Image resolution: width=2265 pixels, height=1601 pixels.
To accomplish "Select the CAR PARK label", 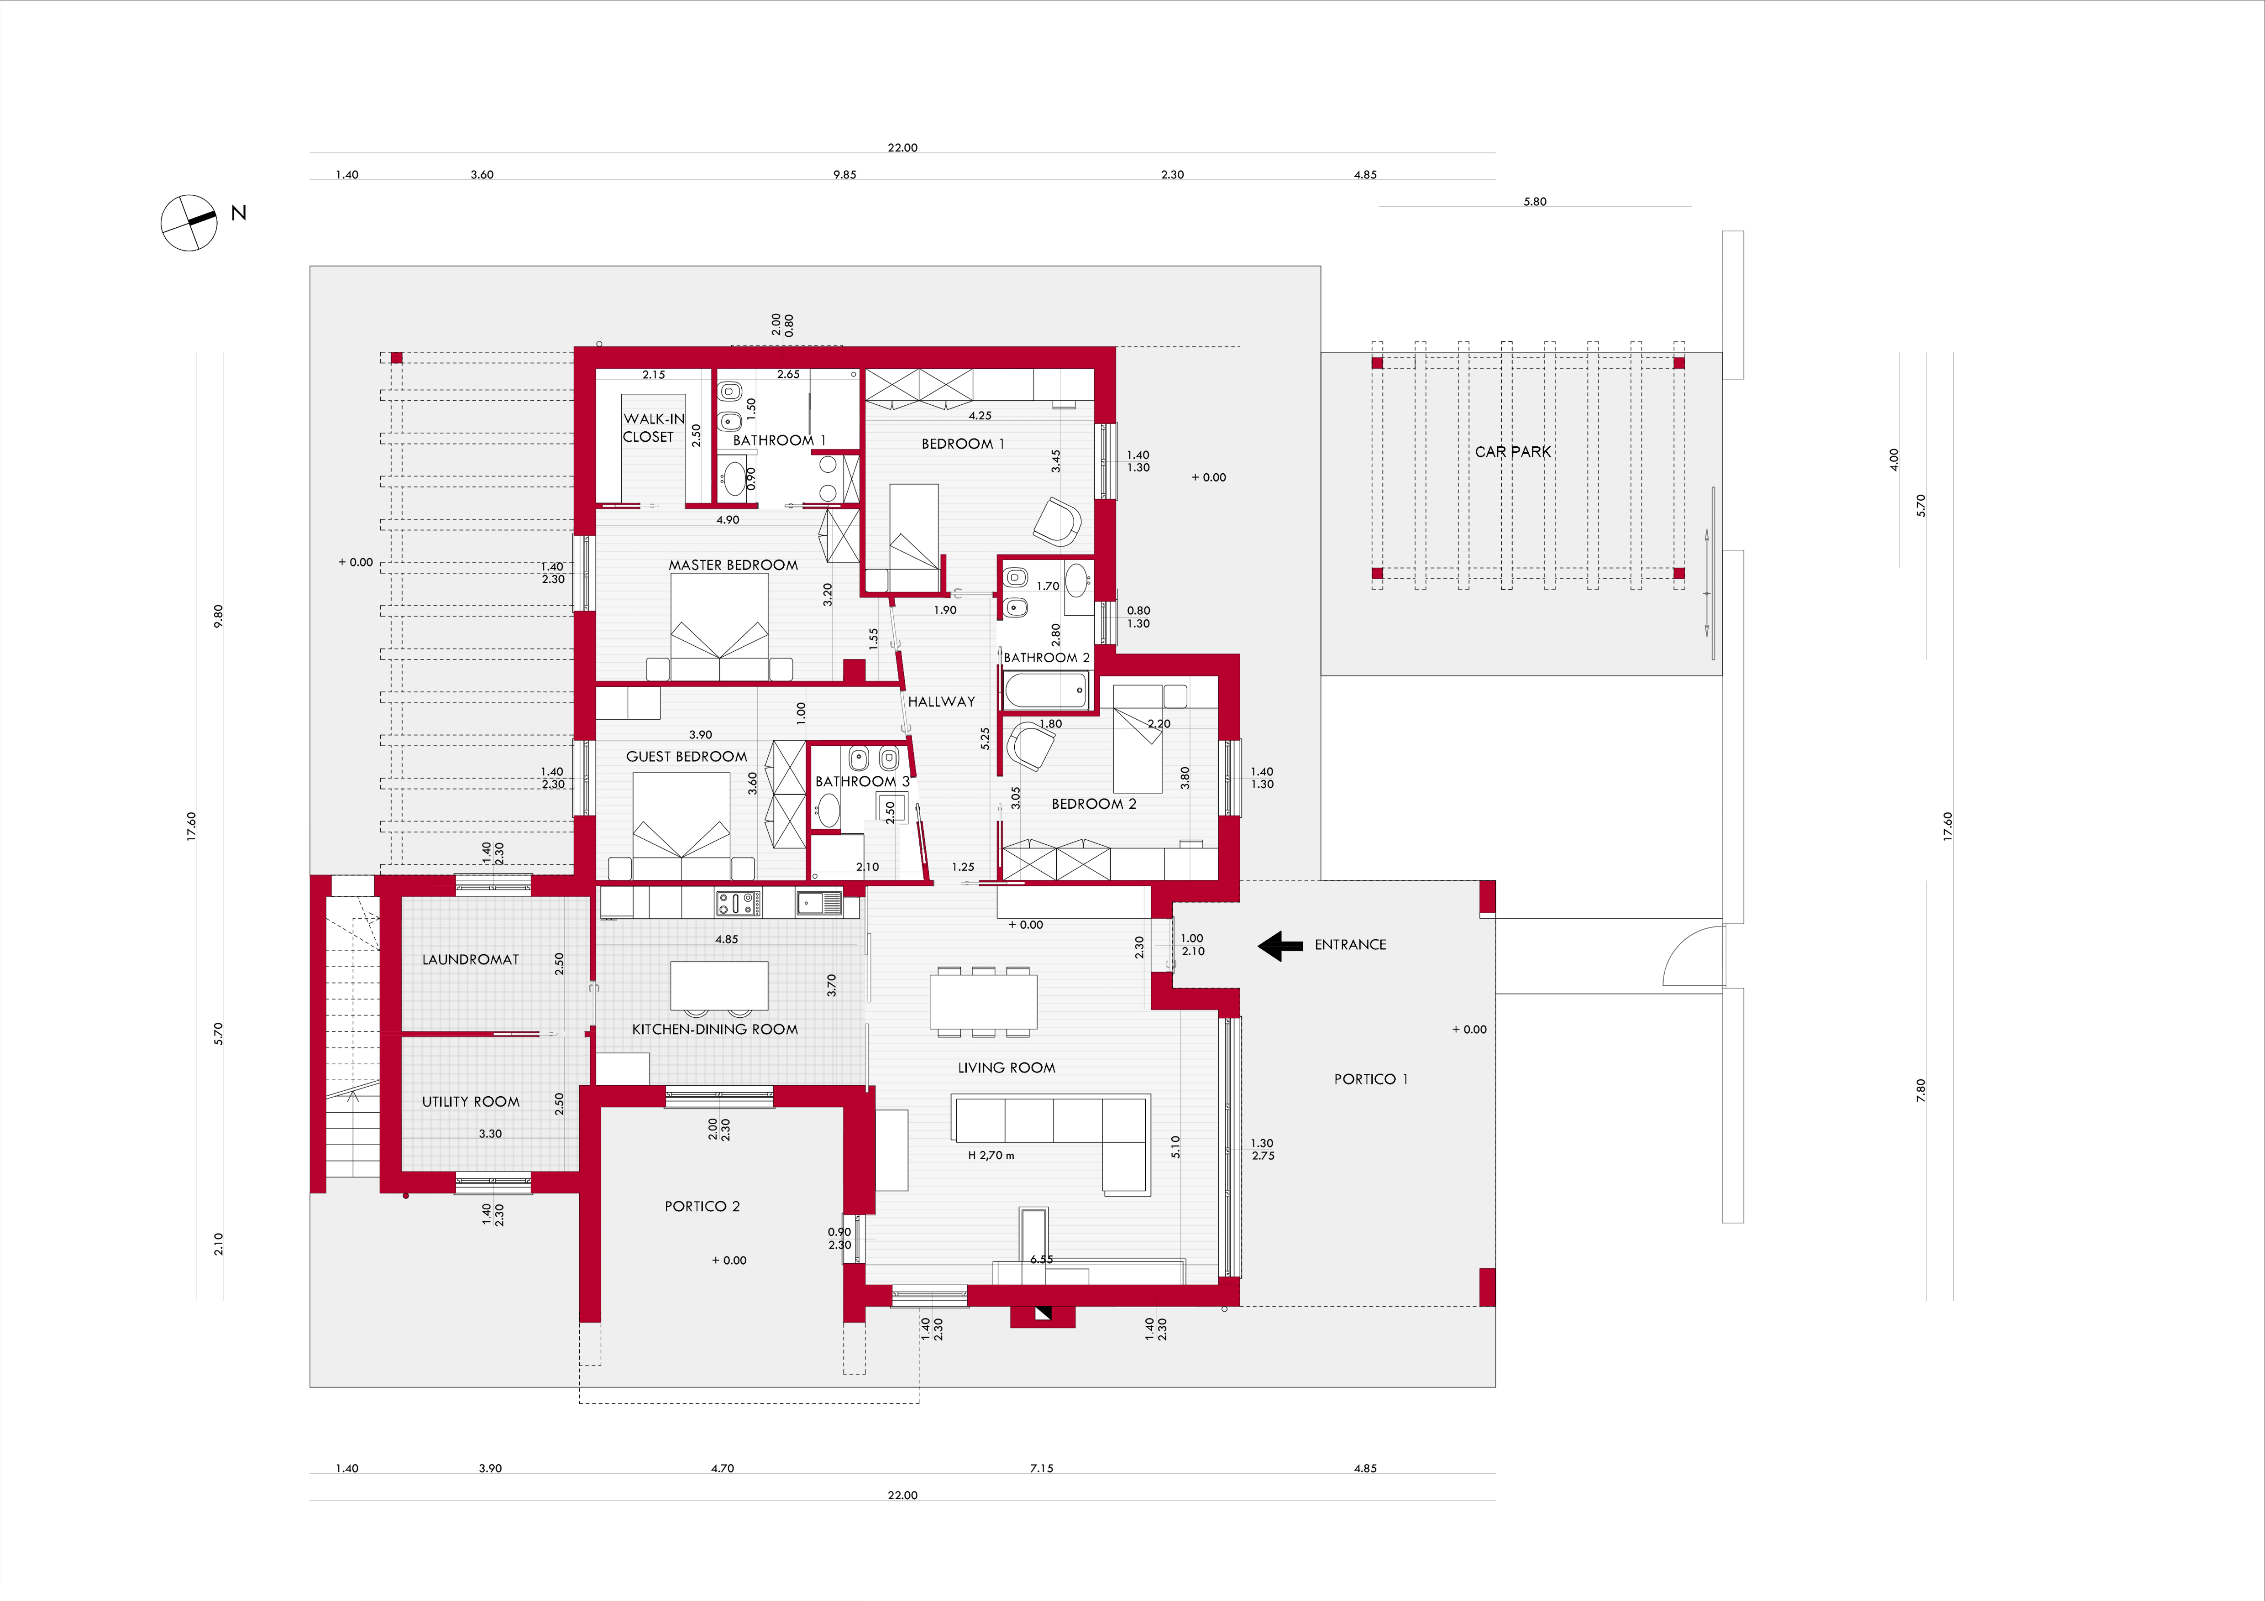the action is click(1512, 452).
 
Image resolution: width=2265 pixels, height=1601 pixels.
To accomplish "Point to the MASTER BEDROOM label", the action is click(733, 565).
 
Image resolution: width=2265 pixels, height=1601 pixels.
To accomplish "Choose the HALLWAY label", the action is click(941, 701).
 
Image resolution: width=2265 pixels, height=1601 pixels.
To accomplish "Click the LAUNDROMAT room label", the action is click(471, 959).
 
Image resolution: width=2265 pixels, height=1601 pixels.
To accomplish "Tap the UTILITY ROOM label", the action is click(471, 1102).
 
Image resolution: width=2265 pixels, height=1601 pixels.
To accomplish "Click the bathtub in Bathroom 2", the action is click(1047, 690).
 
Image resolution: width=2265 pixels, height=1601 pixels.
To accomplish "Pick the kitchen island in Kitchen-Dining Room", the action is click(719, 985).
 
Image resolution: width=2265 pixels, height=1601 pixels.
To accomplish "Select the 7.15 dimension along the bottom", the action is click(1042, 1469).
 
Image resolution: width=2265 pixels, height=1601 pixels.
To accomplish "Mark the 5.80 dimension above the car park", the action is click(1535, 201).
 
